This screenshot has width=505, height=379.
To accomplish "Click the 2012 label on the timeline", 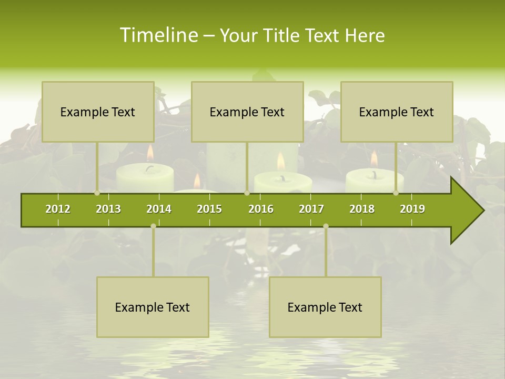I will tap(58, 209).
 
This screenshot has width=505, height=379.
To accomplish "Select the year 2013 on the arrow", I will tap(108, 209).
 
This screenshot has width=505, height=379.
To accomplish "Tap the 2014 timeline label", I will tap(159, 209).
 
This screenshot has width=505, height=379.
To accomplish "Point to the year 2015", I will tap(209, 209).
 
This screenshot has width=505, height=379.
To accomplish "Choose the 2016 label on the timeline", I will tap(261, 209).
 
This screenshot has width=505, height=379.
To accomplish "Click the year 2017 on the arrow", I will tap(311, 209).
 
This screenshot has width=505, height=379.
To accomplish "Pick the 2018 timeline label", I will tap(362, 209).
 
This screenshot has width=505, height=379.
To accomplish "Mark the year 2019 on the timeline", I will tap(412, 209).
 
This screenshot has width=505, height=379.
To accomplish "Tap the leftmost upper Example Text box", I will tap(98, 112).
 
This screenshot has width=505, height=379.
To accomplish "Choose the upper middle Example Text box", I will tap(247, 112).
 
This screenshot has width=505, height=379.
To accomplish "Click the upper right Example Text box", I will tap(397, 112).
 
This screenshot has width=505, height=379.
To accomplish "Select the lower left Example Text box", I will tap(153, 307).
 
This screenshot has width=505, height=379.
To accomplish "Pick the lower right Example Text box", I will tap(325, 307).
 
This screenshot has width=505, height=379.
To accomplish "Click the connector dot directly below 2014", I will tap(153, 226).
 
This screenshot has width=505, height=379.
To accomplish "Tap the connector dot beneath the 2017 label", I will tap(326, 226).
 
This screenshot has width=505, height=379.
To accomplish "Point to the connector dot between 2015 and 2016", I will tap(247, 193).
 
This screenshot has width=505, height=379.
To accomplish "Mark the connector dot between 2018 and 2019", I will tap(396, 193).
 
